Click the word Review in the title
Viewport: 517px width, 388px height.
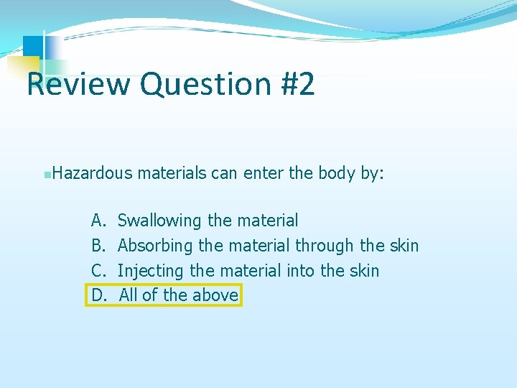click(x=78, y=84)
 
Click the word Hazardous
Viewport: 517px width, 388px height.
click(x=93, y=173)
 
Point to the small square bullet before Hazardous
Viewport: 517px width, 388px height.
click(x=47, y=174)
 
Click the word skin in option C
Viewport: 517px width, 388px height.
click(x=365, y=271)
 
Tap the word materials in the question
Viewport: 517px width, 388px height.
click(x=172, y=173)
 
